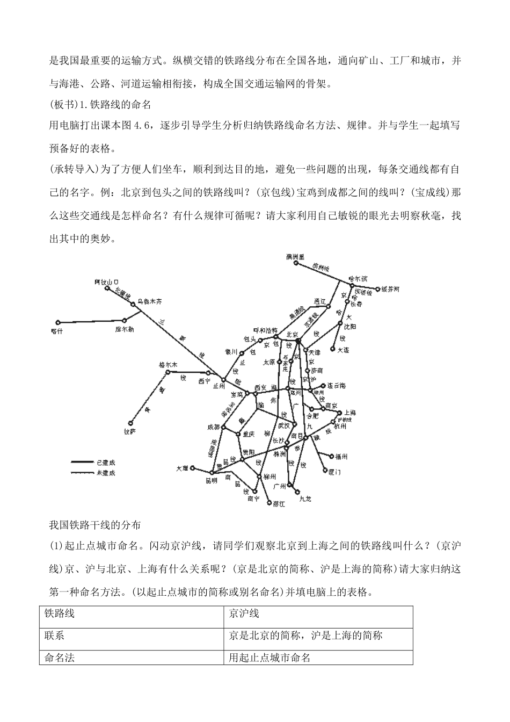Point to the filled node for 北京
click(x=298, y=342)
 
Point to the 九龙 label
click(x=305, y=499)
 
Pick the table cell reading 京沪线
click(x=244, y=613)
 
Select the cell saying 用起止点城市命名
click(x=269, y=658)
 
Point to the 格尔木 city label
click(x=168, y=364)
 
